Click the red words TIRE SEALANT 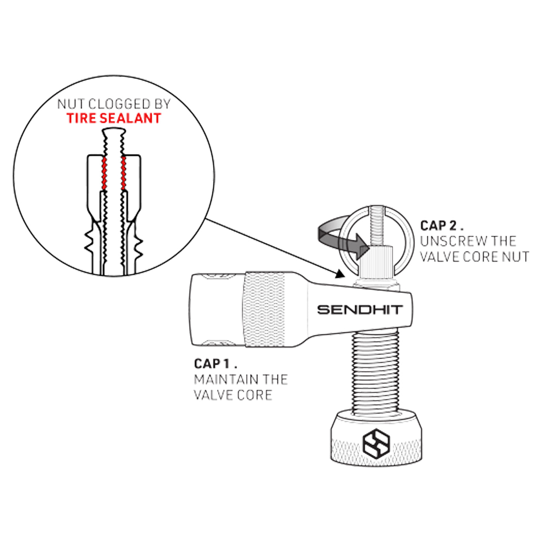coord(114,118)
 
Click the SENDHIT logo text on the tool coord(360,310)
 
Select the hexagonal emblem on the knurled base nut coord(376,444)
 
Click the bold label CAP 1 coord(216,364)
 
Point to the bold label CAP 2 coord(441,226)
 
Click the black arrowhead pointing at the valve coord(340,273)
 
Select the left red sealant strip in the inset coord(105,173)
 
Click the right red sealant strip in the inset coord(123,173)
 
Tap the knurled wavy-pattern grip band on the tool coord(264,309)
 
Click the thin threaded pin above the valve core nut coord(377,225)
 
